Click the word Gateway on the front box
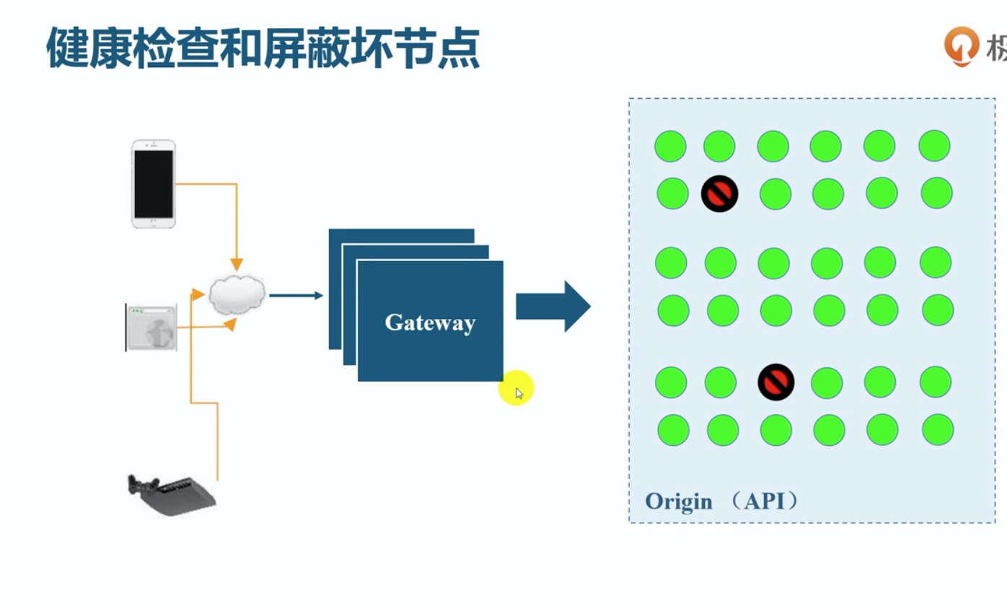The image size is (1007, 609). pos(430,323)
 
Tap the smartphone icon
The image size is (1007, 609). pos(153,184)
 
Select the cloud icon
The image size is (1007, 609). pos(237,294)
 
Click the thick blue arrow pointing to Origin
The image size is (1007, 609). pos(553,307)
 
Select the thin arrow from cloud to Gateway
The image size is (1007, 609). pos(296,295)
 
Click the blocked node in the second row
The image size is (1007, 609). pos(719,193)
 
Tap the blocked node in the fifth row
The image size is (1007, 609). pos(775,382)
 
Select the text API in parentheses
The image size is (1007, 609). pos(765,501)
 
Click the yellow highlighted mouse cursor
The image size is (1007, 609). pos(516,390)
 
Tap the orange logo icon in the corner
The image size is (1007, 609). pos(960,45)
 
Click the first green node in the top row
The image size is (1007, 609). pos(670,146)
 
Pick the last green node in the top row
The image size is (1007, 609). pos(934,146)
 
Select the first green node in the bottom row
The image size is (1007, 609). pos(673,430)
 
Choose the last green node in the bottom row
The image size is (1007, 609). pos(938,429)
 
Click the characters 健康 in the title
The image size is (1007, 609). pos(89,49)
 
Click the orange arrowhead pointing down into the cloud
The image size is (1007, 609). pos(237,264)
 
